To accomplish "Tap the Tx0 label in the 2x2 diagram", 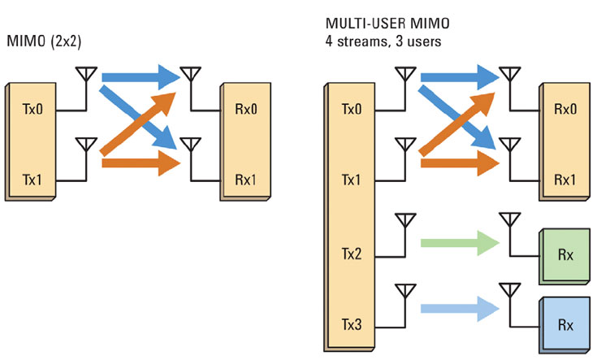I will [x=32, y=108].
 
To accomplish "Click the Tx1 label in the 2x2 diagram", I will [x=32, y=176].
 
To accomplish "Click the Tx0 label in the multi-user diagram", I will [x=352, y=108].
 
